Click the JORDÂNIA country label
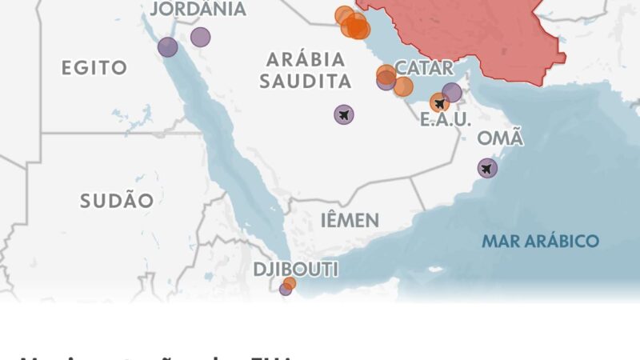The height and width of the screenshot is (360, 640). pyautogui.click(x=198, y=10)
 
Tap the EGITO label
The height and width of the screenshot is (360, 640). pyautogui.click(x=94, y=68)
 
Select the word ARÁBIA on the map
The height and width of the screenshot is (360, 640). pyautogui.click(x=306, y=60)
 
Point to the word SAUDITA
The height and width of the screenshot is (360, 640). pyautogui.click(x=310, y=81)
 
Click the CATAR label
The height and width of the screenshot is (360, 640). pyautogui.click(x=424, y=67)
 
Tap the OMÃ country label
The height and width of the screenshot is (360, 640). pyautogui.click(x=500, y=138)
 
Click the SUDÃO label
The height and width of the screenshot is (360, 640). pyautogui.click(x=116, y=201)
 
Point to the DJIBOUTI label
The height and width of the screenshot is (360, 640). pyautogui.click(x=295, y=268)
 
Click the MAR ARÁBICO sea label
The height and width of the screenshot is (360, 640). pyautogui.click(x=540, y=241)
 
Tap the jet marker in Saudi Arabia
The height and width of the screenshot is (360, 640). pyautogui.click(x=344, y=115)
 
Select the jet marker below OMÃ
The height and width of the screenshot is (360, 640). pyautogui.click(x=487, y=168)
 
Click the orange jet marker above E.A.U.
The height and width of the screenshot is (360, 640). pyautogui.click(x=439, y=102)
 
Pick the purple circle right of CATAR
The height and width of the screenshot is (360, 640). pyautogui.click(x=452, y=93)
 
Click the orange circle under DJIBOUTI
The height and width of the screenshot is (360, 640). pyautogui.click(x=290, y=283)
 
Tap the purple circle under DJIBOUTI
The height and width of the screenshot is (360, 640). pyautogui.click(x=285, y=290)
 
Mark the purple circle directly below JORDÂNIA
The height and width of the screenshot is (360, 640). pyautogui.click(x=200, y=37)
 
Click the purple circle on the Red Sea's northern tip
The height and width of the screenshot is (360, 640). pyautogui.click(x=167, y=47)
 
